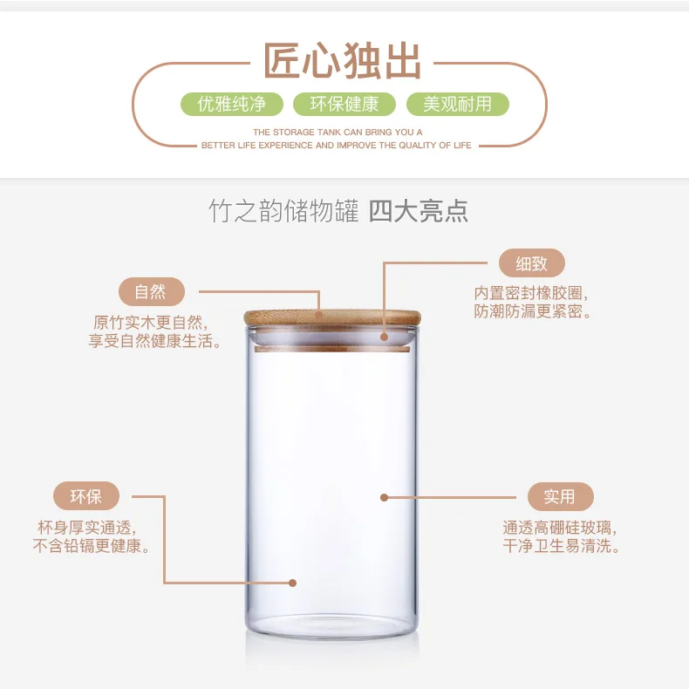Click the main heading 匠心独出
coord(342,61)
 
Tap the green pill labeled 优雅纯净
coord(232,104)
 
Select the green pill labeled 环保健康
coord(344,104)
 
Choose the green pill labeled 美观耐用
coord(457,104)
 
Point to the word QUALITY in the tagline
coord(418,146)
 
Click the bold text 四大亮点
coord(419,211)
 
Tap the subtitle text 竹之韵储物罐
coord(283,211)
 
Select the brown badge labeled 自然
coord(152,292)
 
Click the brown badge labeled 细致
coord(532,263)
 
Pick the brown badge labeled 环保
coord(86,496)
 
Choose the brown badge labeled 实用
coord(561,496)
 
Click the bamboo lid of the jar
coord(332,317)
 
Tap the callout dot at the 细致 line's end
coord(384,337)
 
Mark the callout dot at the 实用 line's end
coord(384,497)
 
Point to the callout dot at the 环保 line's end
coord(293,583)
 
